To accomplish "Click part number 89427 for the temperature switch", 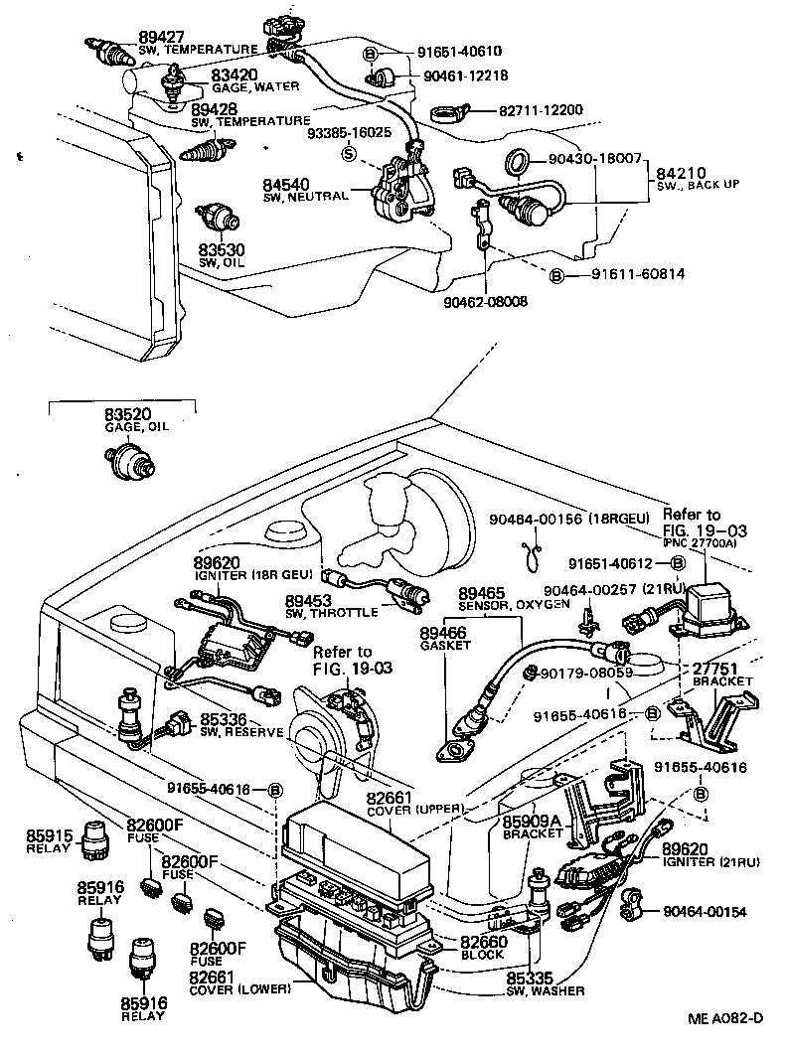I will click(110, 36).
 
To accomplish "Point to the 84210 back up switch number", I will click(680, 172).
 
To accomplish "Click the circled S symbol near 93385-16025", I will click(349, 153).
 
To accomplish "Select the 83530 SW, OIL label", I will click(220, 249).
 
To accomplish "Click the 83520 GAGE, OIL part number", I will click(125, 413).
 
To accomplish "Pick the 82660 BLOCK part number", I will click(483, 942).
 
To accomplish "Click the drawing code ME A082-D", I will click(724, 1018).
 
